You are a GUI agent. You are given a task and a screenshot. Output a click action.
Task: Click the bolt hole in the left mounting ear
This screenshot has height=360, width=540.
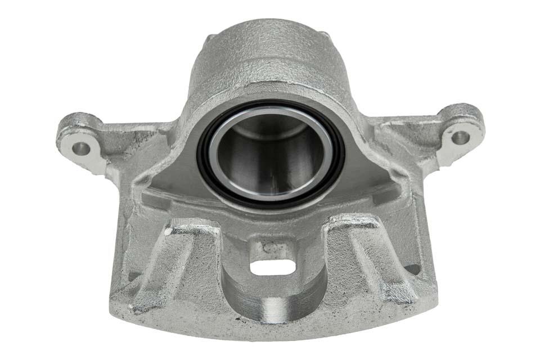(80, 148)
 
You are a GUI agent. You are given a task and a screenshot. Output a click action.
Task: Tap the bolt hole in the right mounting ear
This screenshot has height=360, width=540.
(460, 137)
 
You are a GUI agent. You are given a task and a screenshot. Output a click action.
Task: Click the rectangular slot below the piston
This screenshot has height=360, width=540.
(272, 268)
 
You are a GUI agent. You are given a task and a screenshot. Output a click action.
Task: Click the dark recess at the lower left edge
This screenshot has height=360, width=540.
(134, 276)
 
